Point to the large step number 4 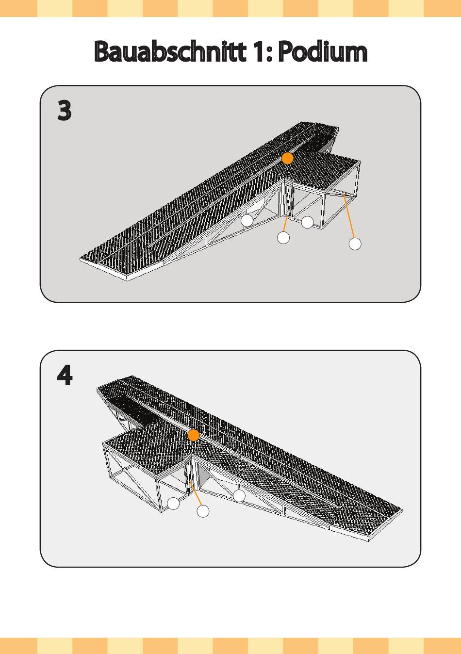[65, 376]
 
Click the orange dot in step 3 [288, 158]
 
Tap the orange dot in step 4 [194, 435]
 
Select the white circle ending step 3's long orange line [355, 244]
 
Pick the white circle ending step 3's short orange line [283, 238]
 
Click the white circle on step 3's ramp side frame [247, 220]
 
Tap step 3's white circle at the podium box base [307, 223]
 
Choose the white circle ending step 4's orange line [203, 511]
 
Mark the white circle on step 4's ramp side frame [239, 496]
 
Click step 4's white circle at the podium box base [174, 504]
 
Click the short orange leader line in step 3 [286, 224]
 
